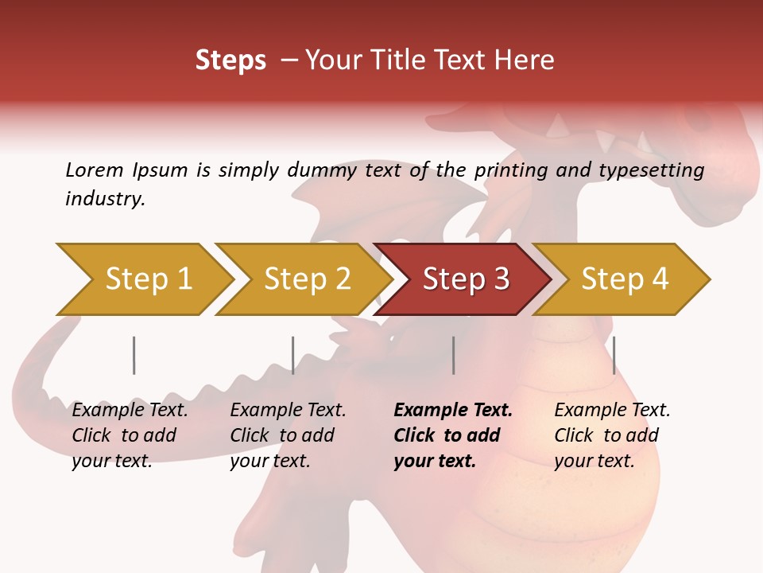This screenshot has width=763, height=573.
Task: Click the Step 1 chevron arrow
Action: [147, 279]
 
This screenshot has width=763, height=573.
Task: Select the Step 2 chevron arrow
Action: [307, 279]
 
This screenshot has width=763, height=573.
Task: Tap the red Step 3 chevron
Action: [466, 279]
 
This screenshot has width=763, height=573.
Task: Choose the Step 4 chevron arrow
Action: [625, 279]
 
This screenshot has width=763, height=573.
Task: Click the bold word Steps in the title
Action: [230, 60]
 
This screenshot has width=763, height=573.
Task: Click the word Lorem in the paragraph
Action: [95, 170]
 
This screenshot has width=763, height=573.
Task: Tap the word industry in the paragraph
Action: [105, 199]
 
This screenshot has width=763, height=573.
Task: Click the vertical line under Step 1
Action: [134, 355]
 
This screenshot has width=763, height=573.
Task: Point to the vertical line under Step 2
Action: [292, 355]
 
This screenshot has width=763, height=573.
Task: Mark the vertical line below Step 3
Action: [453, 355]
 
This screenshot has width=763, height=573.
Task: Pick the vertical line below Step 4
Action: [614, 355]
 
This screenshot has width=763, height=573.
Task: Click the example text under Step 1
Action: [130, 435]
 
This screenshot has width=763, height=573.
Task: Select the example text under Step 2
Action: [288, 435]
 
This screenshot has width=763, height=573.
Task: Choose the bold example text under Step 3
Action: [453, 435]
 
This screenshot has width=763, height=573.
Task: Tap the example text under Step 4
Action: [612, 435]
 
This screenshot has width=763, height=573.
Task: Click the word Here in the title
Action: [526, 60]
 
